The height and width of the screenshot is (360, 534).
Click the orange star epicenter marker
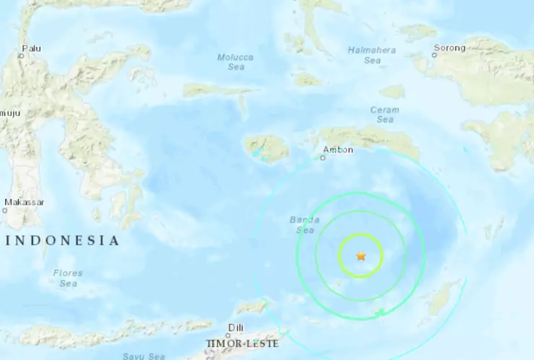(x=361, y=256)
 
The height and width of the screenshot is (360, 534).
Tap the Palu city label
(x=31, y=48)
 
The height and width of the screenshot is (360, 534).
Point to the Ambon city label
(x=338, y=149)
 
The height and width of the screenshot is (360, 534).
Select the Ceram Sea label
(x=385, y=114)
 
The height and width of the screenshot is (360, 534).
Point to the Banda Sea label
(x=305, y=224)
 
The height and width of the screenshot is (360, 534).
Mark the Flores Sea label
(x=68, y=278)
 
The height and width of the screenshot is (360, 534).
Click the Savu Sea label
(x=144, y=356)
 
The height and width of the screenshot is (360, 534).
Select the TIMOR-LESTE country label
(x=242, y=343)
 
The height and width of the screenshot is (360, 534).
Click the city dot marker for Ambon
(x=323, y=157)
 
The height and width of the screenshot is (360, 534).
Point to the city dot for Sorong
(x=434, y=56)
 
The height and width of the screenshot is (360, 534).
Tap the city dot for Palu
(x=21, y=56)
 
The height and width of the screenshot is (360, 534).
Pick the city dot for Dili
(x=229, y=335)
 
